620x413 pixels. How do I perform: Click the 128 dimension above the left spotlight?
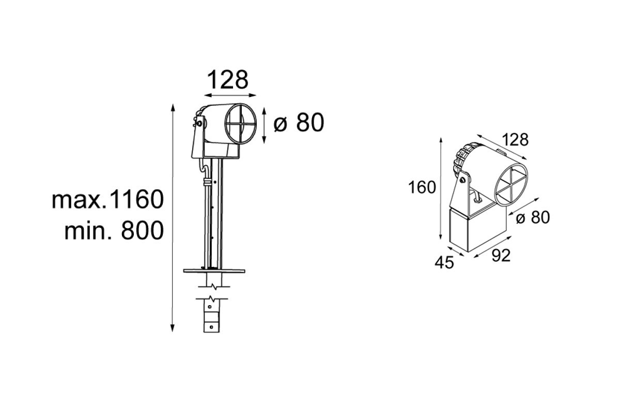[227, 80]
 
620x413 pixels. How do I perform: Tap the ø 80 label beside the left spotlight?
[299, 122]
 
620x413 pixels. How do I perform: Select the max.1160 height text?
[107, 199]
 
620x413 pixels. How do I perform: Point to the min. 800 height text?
[114, 230]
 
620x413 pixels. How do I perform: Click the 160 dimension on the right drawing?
[422, 187]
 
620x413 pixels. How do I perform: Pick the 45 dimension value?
[444, 262]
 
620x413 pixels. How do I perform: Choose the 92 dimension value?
[501, 256]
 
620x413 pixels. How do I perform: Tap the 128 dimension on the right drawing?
[515, 140]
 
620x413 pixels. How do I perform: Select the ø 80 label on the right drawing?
[533, 217]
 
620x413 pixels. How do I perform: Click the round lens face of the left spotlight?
[241, 124]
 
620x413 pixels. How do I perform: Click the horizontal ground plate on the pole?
[214, 271]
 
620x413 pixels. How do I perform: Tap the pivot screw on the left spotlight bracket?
[199, 123]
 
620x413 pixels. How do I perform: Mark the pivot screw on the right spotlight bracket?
[462, 180]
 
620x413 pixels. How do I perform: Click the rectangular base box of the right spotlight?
[478, 230]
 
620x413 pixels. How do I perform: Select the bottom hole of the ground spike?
[211, 327]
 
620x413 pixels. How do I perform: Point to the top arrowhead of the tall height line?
[173, 108]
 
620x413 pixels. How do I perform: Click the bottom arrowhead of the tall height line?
[172, 328]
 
